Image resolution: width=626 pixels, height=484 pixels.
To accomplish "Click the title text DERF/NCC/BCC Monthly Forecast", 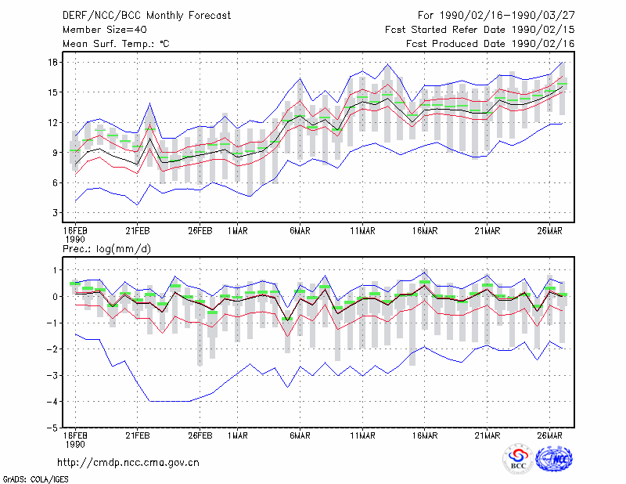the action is pos(146,16).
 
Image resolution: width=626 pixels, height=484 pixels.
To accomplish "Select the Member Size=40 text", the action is pos(105,30).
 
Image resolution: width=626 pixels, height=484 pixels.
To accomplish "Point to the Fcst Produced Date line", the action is pos(491,44).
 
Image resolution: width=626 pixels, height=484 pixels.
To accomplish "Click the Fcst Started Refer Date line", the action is pos(480,30).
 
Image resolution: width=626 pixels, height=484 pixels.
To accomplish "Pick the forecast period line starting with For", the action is pos(496,16).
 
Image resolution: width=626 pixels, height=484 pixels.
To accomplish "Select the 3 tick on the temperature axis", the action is pos(55,212).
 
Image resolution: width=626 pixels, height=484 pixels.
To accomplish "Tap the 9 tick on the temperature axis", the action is pos(55,152).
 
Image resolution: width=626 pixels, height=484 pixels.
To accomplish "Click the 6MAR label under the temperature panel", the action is pos(300,231).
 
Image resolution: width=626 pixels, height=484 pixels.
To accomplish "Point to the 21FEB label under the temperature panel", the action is pos(138,231).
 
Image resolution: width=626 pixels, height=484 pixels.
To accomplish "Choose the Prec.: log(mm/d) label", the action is pos(106,249).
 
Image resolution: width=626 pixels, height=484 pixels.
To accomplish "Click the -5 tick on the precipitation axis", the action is pos(52,428).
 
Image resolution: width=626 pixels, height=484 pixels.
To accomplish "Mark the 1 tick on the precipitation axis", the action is pos(55,270).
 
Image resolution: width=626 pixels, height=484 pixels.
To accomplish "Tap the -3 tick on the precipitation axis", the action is pos(52,375).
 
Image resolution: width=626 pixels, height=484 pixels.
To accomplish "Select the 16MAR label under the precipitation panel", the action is pos(425,435).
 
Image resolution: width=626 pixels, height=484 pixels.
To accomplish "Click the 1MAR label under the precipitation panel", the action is pos(238,435).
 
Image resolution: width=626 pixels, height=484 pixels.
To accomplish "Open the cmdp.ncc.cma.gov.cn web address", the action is pos(128,463).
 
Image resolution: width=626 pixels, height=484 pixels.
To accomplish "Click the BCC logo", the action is pos(518,460).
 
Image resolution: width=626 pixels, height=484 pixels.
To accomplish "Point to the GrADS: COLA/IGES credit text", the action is pos(35,479).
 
